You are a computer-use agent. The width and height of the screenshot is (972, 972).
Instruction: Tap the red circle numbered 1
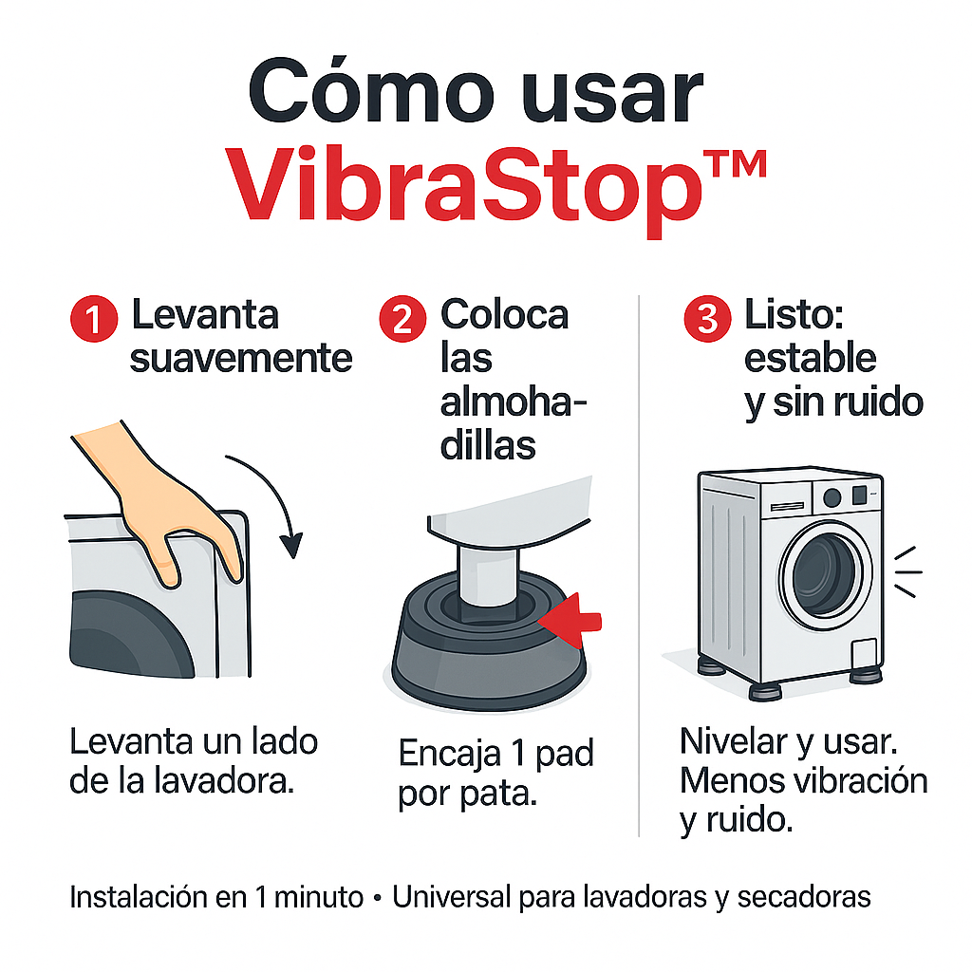click(94, 319)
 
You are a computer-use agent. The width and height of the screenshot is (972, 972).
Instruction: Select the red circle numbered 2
click(402, 319)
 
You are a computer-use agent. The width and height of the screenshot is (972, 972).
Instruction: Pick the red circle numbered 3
click(707, 319)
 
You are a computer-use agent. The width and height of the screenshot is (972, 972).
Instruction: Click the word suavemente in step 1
click(241, 358)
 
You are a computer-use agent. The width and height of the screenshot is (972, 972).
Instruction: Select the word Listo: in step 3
click(794, 314)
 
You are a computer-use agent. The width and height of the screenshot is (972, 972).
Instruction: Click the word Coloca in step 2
click(504, 314)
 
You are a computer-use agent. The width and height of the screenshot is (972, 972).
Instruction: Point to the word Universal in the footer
click(451, 897)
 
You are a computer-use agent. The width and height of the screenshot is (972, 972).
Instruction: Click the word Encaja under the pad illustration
click(449, 755)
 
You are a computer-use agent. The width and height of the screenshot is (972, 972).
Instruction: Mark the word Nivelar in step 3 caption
click(732, 740)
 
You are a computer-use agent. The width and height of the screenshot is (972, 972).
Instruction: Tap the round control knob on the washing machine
click(832, 496)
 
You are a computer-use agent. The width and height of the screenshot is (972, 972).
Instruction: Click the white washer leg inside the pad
click(487, 573)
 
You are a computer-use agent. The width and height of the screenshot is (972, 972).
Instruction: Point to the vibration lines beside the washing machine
click(908, 571)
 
